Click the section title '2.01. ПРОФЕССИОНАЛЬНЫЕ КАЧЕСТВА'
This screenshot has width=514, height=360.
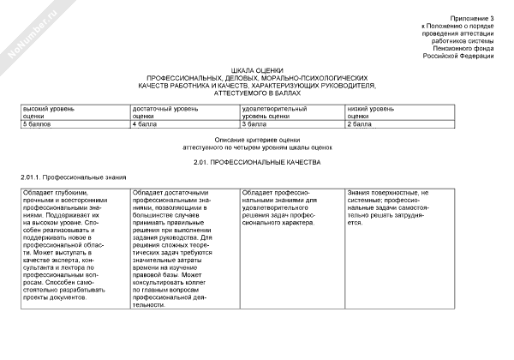(x=256, y=161)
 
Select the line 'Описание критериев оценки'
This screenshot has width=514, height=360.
(x=257, y=140)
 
